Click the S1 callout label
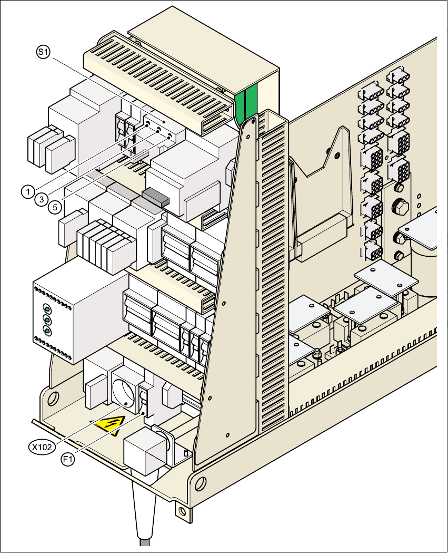pyautogui.click(x=43, y=52)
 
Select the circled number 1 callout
pyautogui.click(x=29, y=191)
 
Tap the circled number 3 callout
pyautogui.click(x=43, y=199)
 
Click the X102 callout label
pyautogui.click(x=40, y=447)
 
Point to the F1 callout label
pyautogui.click(x=68, y=460)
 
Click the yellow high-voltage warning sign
pyautogui.click(x=111, y=424)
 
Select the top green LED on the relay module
pyautogui.click(x=47, y=309)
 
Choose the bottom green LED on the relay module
pyautogui.click(x=47, y=331)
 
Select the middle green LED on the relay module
pyautogui.click(x=47, y=321)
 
